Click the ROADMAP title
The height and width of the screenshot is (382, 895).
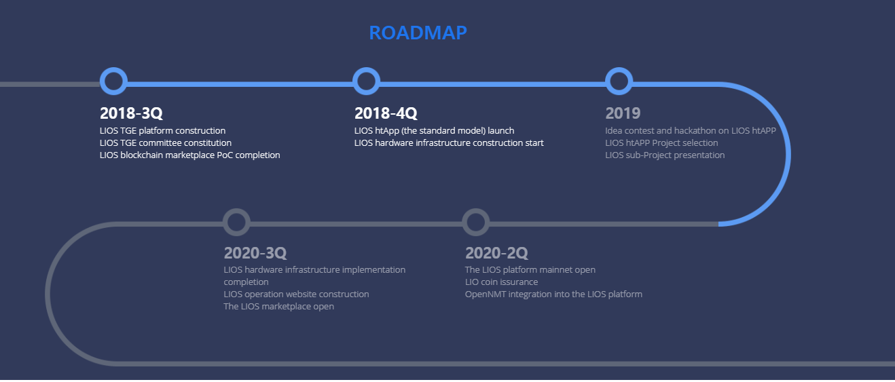pyautogui.click(x=418, y=33)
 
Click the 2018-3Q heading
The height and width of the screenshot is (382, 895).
pyautogui.click(x=131, y=113)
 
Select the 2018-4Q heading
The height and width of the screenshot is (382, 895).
pyautogui.click(x=386, y=113)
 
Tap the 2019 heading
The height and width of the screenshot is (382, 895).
pyautogui.click(x=623, y=113)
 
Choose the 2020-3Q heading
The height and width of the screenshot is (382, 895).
pyautogui.click(x=255, y=253)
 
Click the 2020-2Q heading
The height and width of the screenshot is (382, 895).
pyautogui.click(x=496, y=253)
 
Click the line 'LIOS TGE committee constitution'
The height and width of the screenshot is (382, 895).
pyautogui.click(x=166, y=143)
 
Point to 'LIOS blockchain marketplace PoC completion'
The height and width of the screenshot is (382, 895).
pyautogui.click(x=189, y=155)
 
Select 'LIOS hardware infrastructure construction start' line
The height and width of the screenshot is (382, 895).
pyautogui.click(x=449, y=143)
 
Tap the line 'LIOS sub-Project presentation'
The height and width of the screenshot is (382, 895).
pyautogui.click(x=665, y=155)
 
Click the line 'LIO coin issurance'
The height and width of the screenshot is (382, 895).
pyautogui.click(x=501, y=282)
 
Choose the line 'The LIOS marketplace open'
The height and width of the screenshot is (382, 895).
pyautogui.click(x=279, y=306)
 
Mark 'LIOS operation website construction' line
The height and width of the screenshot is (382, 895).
pyautogui.click(x=296, y=294)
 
